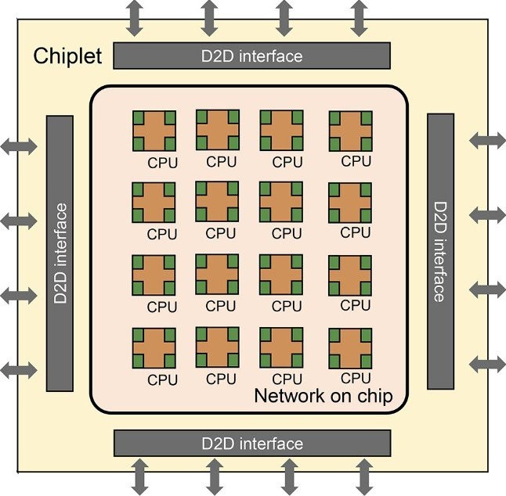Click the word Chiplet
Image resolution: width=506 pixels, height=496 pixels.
click(67, 57)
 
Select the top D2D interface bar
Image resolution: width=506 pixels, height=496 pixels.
click(251, 56)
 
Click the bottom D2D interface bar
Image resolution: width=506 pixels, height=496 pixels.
click(251, 443)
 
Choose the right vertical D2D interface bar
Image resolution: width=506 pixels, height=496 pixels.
click(439, 250)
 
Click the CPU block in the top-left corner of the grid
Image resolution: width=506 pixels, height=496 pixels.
click(154, 131)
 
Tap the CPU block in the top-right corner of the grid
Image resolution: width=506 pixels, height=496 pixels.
click(349, 130)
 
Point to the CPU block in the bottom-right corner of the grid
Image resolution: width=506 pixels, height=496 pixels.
click(349, 347)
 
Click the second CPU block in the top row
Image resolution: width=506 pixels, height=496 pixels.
click(217, 130)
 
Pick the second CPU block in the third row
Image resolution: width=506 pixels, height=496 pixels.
click(217, 275)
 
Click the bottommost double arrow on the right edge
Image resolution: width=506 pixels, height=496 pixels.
click(487, 363)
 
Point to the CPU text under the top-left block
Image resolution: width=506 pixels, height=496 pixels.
click(162, 164)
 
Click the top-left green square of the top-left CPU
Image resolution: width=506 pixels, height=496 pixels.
click(138, 117)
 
